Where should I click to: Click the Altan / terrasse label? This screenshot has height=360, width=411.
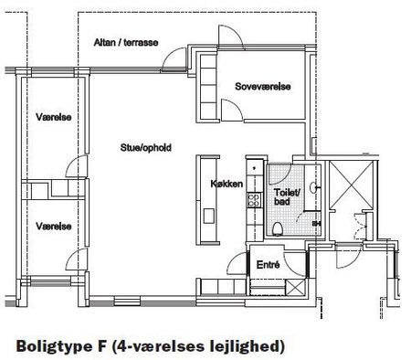point(127,43)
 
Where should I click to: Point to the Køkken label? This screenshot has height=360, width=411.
point(227,184)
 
